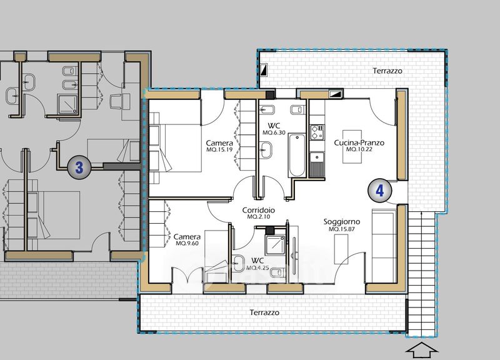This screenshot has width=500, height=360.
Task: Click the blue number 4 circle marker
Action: click(x=380, y=191)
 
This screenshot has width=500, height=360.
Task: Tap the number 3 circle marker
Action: click(x=79, y=167)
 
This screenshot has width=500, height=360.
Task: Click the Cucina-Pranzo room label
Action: click(x=359, y=142)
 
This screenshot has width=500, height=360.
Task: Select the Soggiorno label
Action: click(x=342, y=222)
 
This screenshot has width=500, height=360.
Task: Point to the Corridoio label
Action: click(x=259, y=210)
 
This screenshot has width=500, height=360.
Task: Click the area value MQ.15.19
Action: click(x=219, y=149)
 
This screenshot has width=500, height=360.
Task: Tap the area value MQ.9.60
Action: click(x=187, y=243)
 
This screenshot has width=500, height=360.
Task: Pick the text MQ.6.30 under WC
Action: click(x=274, y=132)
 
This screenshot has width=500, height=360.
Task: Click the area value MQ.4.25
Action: click(x=257, y=268)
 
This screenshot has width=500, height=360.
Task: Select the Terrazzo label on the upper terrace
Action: click(x=387, y=71)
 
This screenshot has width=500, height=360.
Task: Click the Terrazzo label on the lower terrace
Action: click(x=264, y=312)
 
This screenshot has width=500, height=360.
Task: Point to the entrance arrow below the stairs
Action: click(x=421, y=351)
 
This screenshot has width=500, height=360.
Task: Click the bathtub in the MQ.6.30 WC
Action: click(x=296, y=156)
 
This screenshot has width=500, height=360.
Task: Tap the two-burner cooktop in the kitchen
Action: click(x=317, y=132)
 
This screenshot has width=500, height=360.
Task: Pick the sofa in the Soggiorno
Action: click(x=384, y=246)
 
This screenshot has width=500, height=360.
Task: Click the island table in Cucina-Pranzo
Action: click(x=352, y=147)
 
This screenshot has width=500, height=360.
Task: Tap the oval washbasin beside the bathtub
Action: click(x=266, y=150)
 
